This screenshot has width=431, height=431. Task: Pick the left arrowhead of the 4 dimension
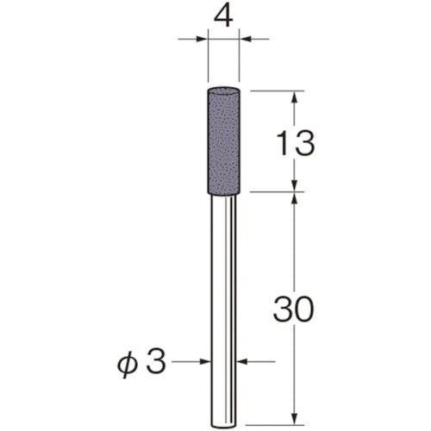pos(203,38)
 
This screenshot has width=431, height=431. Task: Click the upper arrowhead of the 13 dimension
pos(295,97)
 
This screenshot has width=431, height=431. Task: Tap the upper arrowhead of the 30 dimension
pos(295,198)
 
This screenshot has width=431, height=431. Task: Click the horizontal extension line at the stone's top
pos(276,90)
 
